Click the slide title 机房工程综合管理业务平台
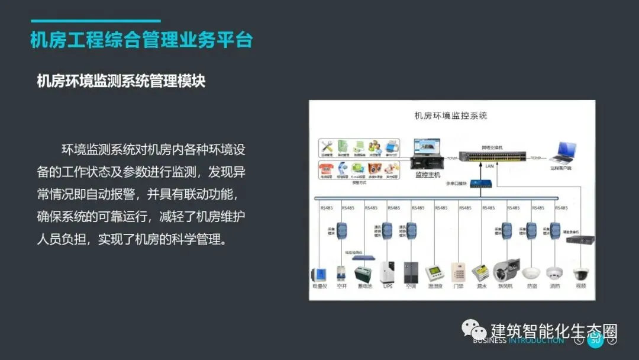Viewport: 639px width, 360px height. pos(141,40)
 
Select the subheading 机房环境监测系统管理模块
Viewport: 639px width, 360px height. pos(121,81)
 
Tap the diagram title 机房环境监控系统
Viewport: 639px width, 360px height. pos(451,116)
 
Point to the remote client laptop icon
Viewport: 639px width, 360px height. pos(563,153)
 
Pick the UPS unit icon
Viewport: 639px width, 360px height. pos(388,272)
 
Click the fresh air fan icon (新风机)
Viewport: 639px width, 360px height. pos(505,271)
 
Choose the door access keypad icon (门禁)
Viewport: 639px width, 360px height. pos(458,272)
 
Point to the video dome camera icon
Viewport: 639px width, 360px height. pos(580,274)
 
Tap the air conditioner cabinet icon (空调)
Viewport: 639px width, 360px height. pos(411,272)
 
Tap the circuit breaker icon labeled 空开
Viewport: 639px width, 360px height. pos(341,274)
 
